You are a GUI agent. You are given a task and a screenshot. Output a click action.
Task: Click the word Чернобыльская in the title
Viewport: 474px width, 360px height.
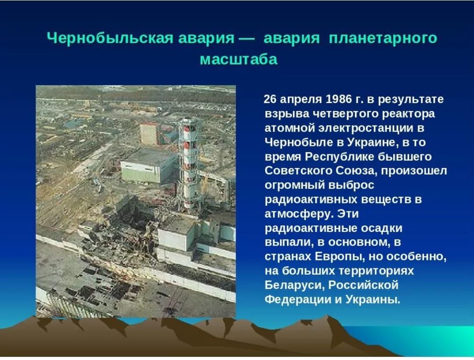click(110, 39)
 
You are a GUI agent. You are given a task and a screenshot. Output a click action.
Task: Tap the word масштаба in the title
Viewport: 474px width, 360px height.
click(238, 59)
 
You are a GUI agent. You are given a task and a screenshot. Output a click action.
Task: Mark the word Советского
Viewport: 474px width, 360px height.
click(298, 171)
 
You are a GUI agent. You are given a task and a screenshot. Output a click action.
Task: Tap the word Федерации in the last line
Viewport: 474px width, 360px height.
click(297, 300)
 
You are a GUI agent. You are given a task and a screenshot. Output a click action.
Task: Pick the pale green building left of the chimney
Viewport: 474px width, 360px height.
click(148, 167)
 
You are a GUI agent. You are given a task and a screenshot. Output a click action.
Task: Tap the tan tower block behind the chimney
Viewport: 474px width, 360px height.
click(149, 133)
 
